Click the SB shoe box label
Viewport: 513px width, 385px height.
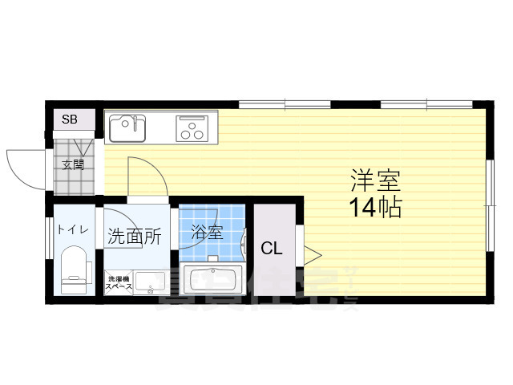pos(70,120)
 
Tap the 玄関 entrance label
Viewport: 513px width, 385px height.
pos(73,166)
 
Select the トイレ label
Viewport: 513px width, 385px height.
pos(72,229)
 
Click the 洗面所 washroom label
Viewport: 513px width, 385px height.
pos(135,237)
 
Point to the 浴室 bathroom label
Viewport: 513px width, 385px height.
pos(208,233)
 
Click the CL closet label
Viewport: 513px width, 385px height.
pos(272,249)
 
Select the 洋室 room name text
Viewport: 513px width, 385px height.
pos(374,179)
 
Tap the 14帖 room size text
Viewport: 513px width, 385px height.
pos(374,208)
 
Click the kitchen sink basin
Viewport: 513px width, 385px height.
pos(127,128)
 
